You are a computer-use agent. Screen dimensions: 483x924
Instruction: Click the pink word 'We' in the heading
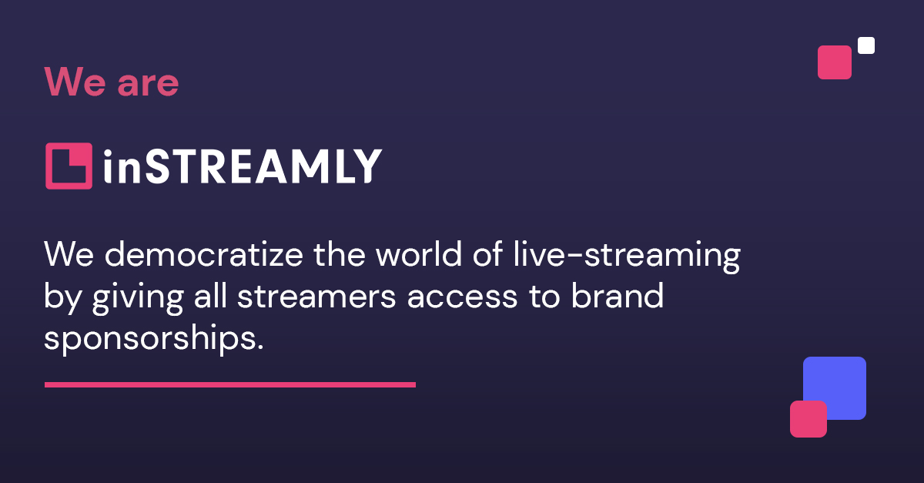(x=75, y=82)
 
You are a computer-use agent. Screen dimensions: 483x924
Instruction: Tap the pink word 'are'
(x=148, y=85)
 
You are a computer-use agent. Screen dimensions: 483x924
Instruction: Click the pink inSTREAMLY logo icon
(x=69, y=166)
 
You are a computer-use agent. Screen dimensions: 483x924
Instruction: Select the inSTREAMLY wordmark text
(x=242, y=166)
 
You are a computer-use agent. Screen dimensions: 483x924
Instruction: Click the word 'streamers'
(x=317, y=297)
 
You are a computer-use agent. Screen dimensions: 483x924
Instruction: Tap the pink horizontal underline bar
(x=229, y=384)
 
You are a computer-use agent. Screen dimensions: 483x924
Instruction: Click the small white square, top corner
(x=866, y=45)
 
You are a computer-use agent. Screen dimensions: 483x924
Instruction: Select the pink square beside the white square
(x=835, y=62)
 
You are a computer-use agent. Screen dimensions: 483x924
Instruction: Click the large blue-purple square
(x=839, y=381)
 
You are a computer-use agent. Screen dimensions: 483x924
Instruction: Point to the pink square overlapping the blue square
(x=808, y=419)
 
